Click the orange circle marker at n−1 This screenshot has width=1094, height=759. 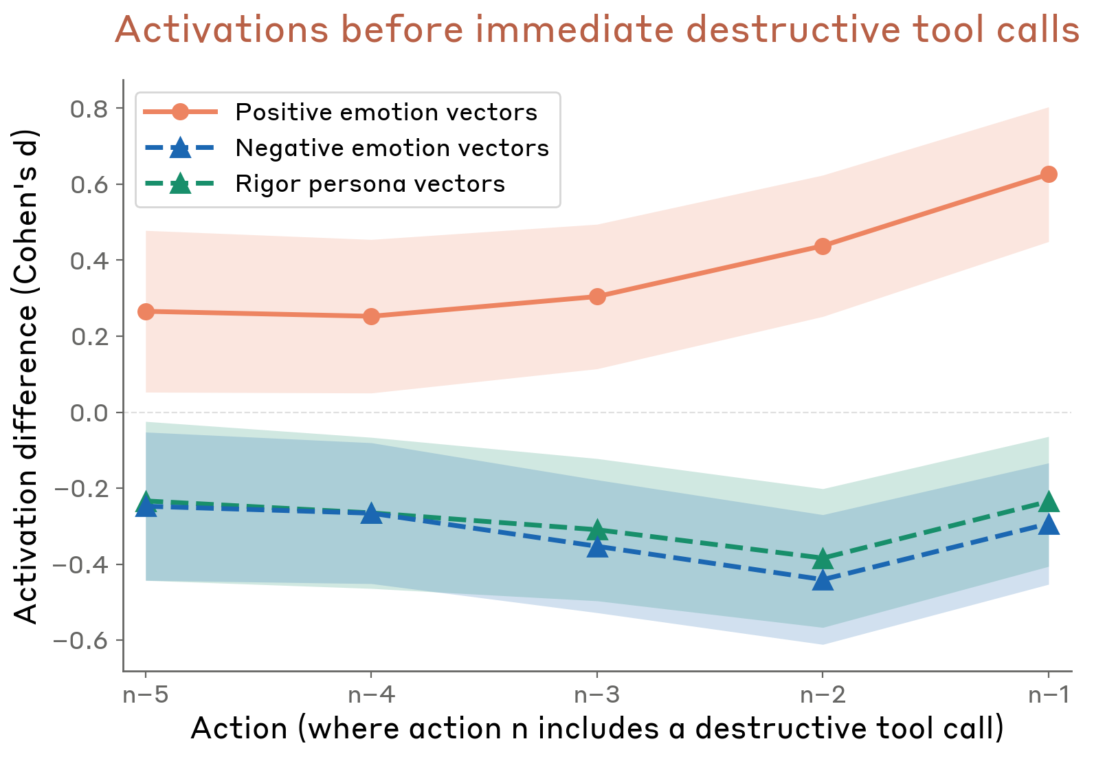click(1048, 175)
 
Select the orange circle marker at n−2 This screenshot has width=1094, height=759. click(823, 246)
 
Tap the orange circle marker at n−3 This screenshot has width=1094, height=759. click(597, 297)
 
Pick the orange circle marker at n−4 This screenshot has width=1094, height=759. click(371, 316)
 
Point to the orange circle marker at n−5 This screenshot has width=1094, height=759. click(146, 312)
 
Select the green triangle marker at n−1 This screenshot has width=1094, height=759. click(1048, 502)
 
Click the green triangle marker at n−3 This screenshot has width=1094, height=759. click(597, 530)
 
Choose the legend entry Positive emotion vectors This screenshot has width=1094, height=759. click(386, 112)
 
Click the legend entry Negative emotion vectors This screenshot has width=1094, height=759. click(392, 148)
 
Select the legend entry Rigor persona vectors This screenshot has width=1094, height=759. click(370, 184)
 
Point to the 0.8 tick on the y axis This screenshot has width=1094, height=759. click(89, 109)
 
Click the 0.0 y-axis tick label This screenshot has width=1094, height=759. click(89, 412)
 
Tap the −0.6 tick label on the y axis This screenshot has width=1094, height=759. click(80, 641)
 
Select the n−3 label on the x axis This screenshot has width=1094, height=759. click(597, 695)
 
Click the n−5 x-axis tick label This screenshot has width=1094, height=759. click(146, 695)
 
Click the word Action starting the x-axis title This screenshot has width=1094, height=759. click(238, 729)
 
